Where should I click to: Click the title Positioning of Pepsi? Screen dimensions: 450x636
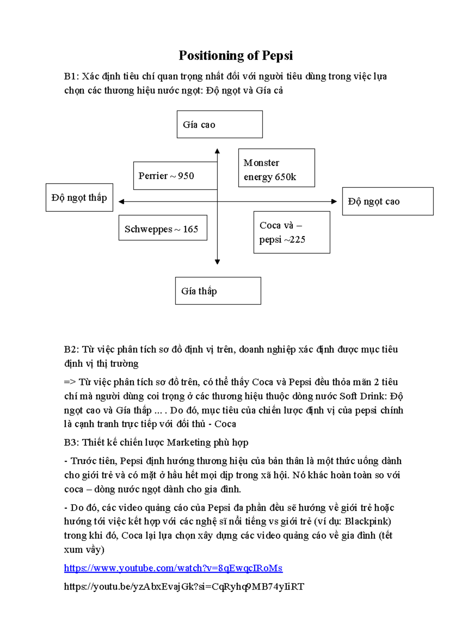click(x=235, y=55)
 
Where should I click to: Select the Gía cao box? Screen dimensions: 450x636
click(x=219, y=124)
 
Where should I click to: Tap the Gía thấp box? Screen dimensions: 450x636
click(x=218, y=291)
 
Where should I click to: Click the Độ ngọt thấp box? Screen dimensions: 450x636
click(x=79, y=197)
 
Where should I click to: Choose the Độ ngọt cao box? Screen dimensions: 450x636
click(x=388, y=201)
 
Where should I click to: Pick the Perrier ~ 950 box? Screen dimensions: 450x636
click(x=175, y=175)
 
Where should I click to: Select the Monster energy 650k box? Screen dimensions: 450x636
click(x=276, y=168)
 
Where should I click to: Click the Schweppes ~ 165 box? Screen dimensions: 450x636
click(x=163, y=228)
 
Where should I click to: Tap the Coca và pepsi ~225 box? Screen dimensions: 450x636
click(x=292, y=232)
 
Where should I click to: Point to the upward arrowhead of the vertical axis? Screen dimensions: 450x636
click(x=217, y=151)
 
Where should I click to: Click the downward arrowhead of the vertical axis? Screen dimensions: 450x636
click(x=217, y=262)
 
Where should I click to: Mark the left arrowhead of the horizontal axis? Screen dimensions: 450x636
click(x=121, y=202)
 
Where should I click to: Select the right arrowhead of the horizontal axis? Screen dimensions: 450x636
click(x=334, y=202)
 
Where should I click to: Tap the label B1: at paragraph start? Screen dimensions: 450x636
click(x=72, y=76)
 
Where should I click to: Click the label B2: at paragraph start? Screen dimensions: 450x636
click(x=72, y=349)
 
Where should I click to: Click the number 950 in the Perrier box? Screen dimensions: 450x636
click(x=186, y=176)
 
